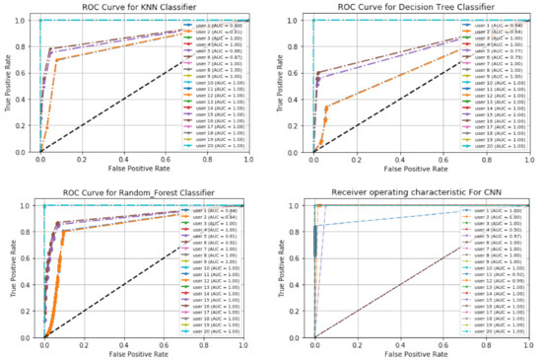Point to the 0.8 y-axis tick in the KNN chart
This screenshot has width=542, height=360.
pyautogui.click(x=27, y=46)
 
